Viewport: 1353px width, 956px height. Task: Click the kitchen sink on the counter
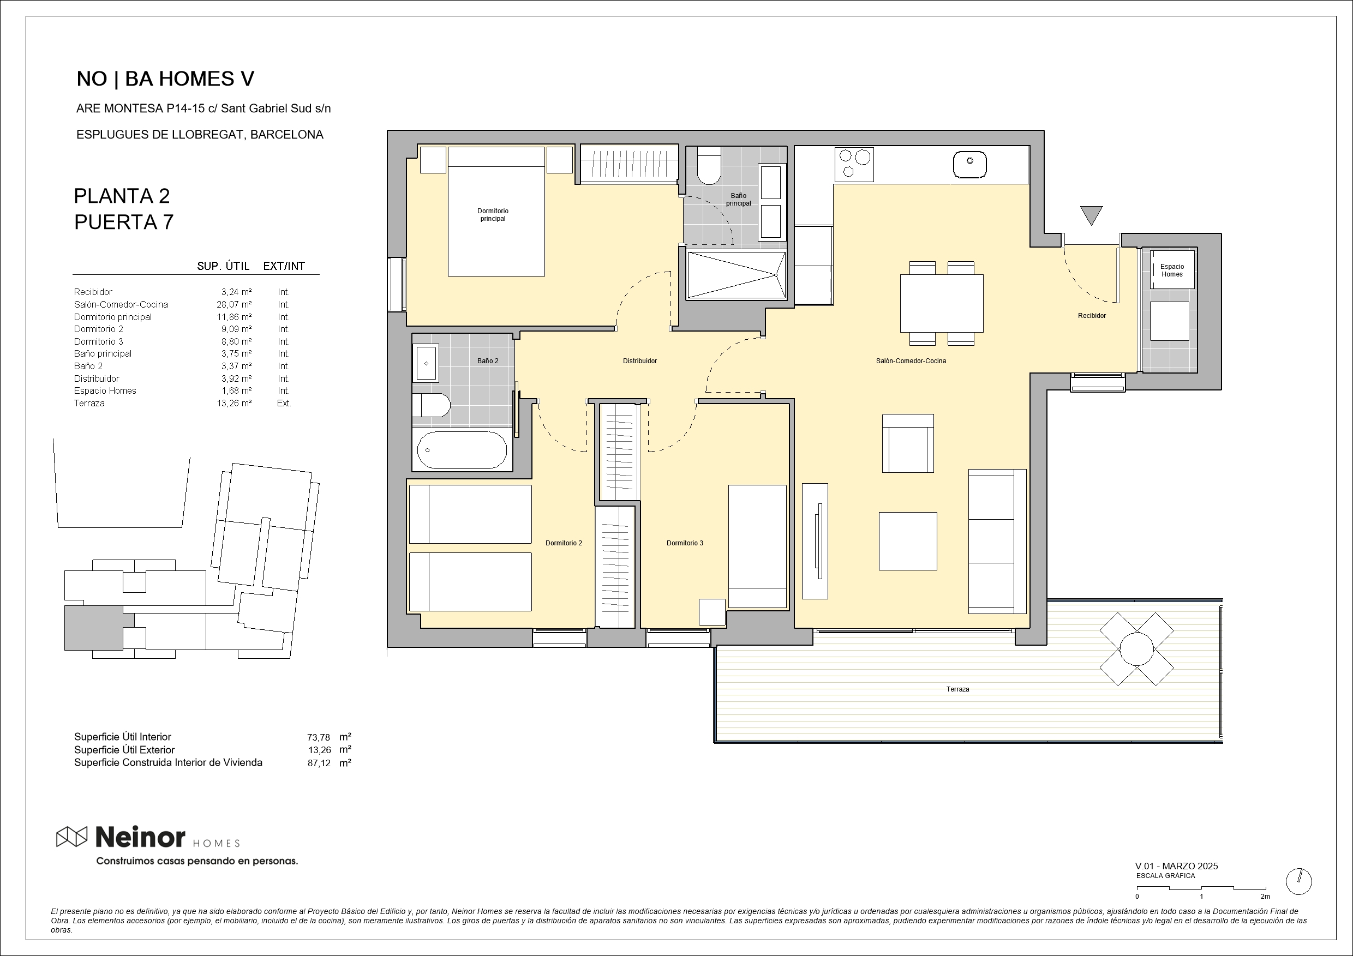[x=969, y=164]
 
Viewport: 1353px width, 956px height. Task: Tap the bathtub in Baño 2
[x=462, y=450]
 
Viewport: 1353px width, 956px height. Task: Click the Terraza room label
[x=957, y=689]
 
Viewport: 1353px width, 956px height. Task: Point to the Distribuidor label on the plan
[x=639, y=361]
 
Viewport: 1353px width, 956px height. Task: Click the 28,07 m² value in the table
[x=234, y=304]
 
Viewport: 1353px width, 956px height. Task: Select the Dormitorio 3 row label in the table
[x=98, y=341]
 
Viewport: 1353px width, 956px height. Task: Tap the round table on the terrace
[x=1136, y=648]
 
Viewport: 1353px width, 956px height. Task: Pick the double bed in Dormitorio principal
[x=496, y=212]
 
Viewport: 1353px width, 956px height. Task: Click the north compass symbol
[x=1299, y=882]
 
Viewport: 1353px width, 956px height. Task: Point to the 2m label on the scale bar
[x=1265, y=897]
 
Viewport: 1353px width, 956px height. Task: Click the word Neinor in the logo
[x=140, y=837]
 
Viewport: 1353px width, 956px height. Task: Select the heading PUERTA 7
[x=124, y=222]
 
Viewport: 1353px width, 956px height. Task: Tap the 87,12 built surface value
[x=319, y=763]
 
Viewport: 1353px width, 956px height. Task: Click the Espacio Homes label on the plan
[x=1172, y=270]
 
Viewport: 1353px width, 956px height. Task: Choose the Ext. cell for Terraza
[x=284, y=404]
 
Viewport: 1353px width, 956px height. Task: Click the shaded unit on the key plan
[x=93, y=628]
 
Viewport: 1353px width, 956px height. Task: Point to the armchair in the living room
[x=907, y=443]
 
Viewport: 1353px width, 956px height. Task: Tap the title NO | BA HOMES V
[x=166, y=79]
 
